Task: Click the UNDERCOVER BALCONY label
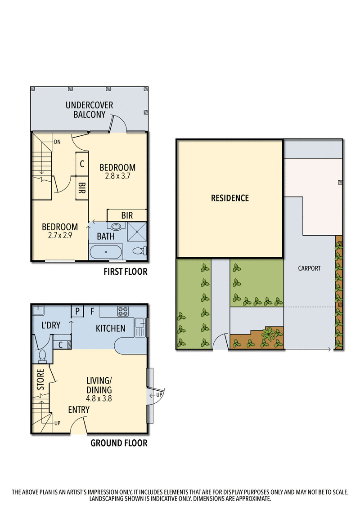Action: pos(89,110)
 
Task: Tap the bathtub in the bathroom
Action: pos(106,252)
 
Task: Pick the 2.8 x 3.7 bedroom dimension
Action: pos(117,176)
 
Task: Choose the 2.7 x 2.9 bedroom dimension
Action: pos(59,236)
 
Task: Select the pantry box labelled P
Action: pos(77,311)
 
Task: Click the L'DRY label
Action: pos(51,326)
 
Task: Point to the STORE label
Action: pos(40,380)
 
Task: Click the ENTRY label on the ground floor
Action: pos(79,410)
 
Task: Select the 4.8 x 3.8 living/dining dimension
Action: pos(99,398)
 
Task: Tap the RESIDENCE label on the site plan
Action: pos(230,198)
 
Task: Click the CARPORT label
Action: pos(309,268)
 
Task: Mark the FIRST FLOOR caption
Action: pos(125,272)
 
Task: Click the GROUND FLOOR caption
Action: pos(119,443)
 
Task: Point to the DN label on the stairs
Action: pos(57,141)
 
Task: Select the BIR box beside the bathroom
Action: pos(127,216)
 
